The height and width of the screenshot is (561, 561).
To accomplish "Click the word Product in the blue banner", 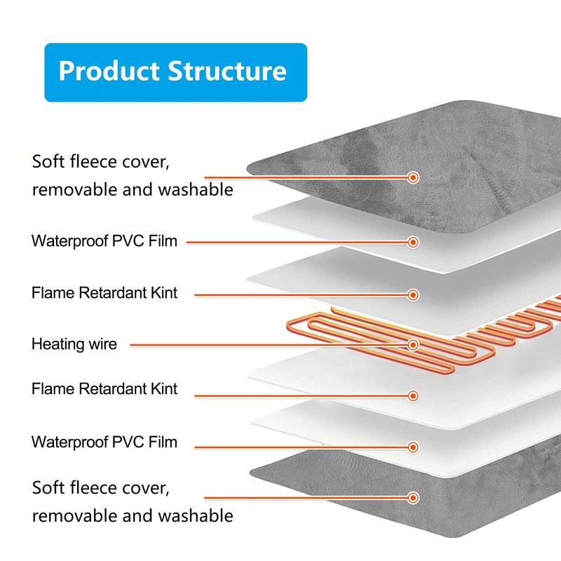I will pos(109,72).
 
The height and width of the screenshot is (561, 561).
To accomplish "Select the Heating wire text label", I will pos(74,344).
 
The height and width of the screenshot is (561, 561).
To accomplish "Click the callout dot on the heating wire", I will pos(413,345).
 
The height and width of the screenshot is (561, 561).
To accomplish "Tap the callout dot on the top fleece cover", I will pos(413,177).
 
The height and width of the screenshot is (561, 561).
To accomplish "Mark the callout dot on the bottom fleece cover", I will pos(413,496).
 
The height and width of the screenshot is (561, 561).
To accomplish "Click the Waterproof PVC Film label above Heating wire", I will pos(104,241).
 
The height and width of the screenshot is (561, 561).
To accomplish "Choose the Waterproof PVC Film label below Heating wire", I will pos(104,442).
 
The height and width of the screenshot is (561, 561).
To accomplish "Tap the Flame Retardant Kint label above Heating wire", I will pos(104,293).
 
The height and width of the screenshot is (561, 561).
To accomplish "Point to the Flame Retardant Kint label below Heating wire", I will pos(104,389).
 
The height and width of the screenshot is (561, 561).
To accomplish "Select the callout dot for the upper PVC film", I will pos(413,242).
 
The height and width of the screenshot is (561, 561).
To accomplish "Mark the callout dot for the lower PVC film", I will pos(413,447).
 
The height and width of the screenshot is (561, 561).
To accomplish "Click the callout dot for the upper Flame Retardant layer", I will pos(413,295).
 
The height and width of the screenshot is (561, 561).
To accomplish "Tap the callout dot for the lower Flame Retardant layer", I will pos(413,396).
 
